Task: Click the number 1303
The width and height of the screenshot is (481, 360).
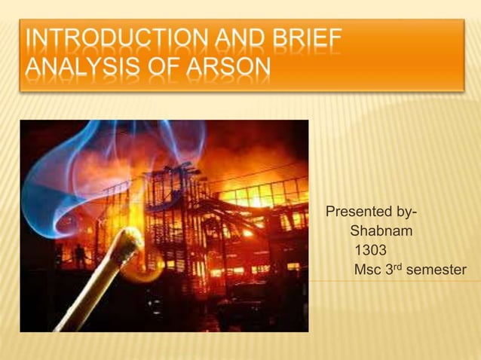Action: click(x=370, y=250)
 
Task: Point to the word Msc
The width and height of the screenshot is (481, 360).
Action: click(x=369, y=270)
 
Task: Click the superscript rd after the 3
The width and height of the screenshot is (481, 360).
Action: click(x=397, y=266)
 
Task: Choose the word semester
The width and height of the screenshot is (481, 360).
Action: click(x=436, y=270)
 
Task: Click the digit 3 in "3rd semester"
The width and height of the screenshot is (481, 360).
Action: click(x=390, y=270)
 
